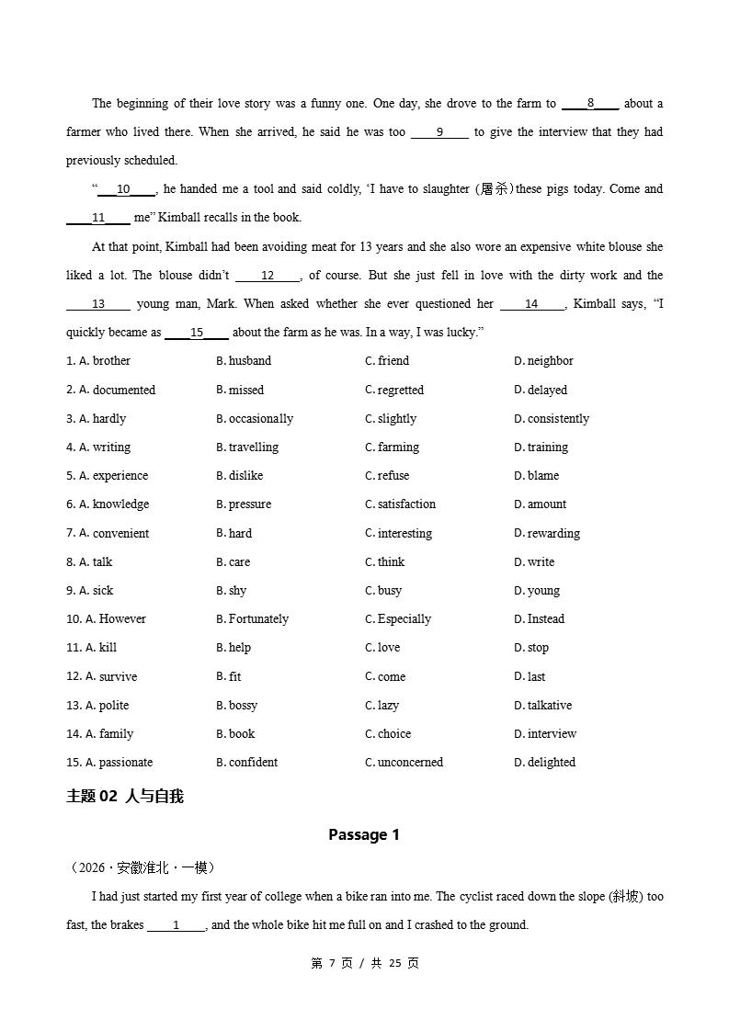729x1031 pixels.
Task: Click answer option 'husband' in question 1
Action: pyautogui.click(x=249, y=361)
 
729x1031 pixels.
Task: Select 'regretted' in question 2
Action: pyautogui.click(x=400, y=390)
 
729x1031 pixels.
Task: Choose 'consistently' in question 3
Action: pyautogui.click(x=558, y=418)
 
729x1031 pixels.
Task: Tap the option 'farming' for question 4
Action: pyautogui.click(x=397, y=448)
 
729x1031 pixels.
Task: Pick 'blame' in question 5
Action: pyautogui.click(x=542, y=476)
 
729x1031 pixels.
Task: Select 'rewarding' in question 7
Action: pyautogui.click(x=553, y=533)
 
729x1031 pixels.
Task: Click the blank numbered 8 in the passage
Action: pyautogui.click(x=590, y=104)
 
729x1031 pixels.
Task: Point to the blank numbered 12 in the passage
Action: pyautogui.click(x=268, y=276)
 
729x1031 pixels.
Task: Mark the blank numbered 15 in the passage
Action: pyautogui.click(x=197, y=333)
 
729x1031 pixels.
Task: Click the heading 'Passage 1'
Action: pyautogui.click(x=364, y=834)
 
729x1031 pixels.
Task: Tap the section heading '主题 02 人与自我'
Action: pyautogui.click(x=125, y=797)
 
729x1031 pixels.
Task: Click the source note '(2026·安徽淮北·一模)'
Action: pyautogui.click(x=142, y=867)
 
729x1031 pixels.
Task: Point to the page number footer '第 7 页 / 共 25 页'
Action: pyautogui.click(x=365, y=963)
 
